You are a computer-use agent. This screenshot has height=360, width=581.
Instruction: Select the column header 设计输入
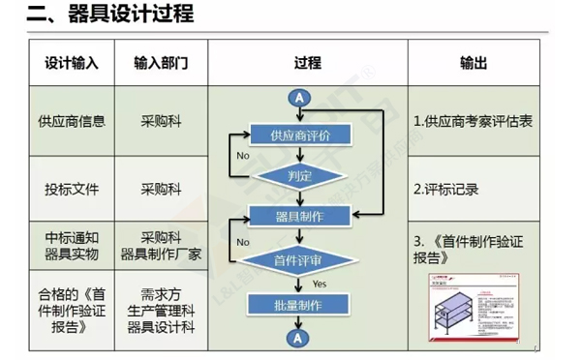coord(71,63)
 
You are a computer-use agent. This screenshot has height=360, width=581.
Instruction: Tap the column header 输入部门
coord(160,63)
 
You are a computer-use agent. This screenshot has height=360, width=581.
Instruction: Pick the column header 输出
coord(473,63)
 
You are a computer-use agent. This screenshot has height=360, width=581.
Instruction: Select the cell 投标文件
coord(71,189)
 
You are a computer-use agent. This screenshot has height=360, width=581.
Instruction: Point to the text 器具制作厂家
coord(160,254)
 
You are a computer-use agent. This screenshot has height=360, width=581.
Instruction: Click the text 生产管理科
coord(160,310)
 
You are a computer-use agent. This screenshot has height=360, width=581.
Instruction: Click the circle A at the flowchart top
coord(298,98)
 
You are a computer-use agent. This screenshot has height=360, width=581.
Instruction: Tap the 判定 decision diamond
coord(298,176)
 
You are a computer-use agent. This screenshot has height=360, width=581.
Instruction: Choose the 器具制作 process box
coord(298,216)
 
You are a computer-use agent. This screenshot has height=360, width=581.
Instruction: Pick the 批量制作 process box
coord(298,305)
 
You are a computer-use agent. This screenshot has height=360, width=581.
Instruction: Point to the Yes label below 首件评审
coord(319,284)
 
